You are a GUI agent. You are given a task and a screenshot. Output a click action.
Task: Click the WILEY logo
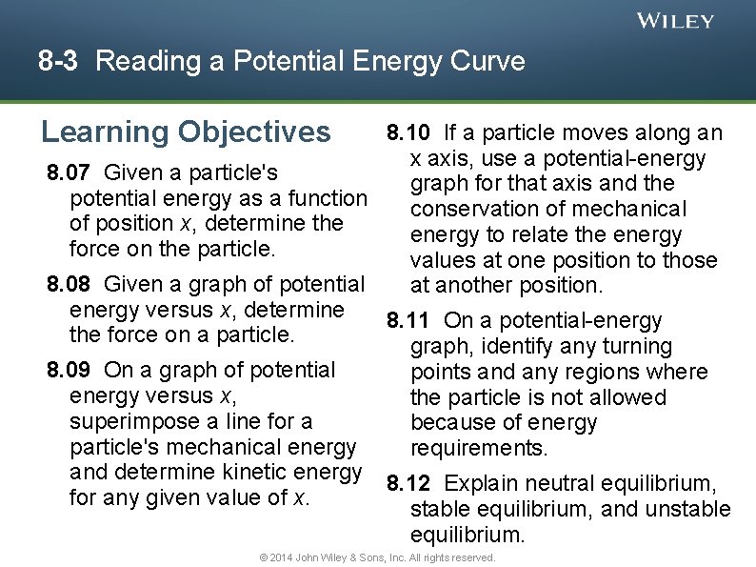pyautogui.click(x=675, y=20)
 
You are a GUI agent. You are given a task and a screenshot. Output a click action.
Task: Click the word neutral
pyautogui.click(x=536, y=484)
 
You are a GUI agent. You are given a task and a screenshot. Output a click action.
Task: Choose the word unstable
pyautogui.click(x=688, y=510)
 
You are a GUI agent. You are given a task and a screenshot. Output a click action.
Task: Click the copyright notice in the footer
pyautogui.click(x=377, y=557)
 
